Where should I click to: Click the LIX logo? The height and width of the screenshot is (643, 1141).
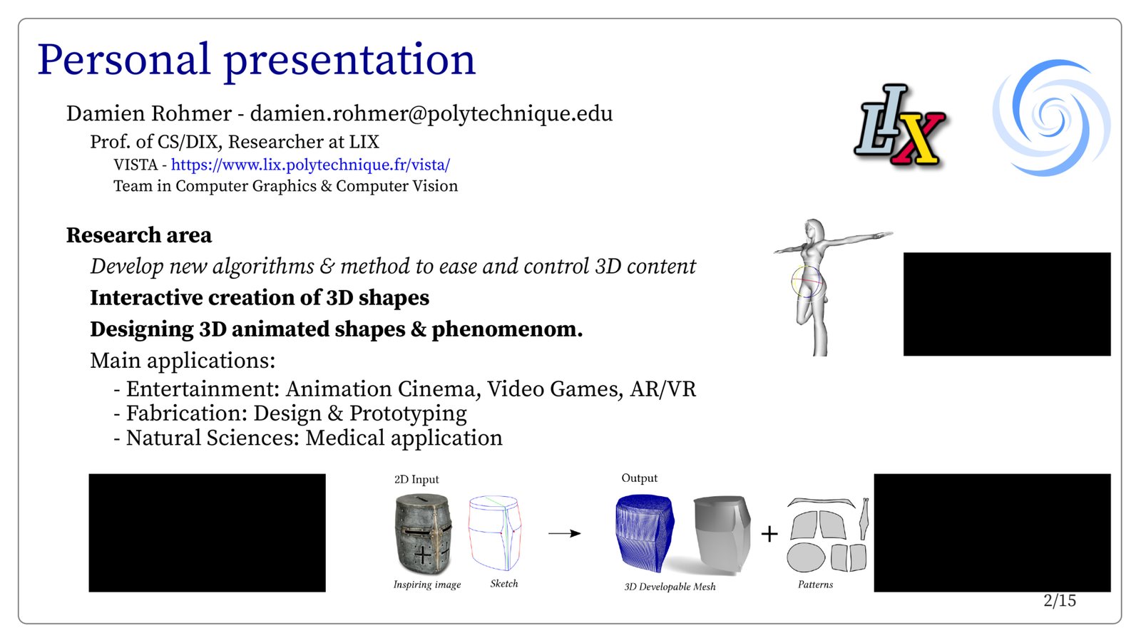coord(899,127)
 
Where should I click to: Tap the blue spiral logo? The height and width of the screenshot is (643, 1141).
coord(1052,118)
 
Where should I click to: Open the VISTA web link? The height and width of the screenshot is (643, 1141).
coord(310,165)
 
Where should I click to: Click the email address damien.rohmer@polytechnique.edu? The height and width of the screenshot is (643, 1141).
coord(431,113)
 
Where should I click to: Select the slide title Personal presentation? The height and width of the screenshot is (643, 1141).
coord(256,60)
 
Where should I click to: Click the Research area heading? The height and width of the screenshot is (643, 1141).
coord(138,235)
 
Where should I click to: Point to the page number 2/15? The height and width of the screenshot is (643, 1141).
coord(1060,601)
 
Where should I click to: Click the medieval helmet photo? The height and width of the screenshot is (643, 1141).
coord(423,535)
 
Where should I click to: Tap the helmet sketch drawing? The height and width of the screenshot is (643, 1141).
coord(495,533)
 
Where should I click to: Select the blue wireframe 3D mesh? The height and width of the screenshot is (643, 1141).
coord(645,533)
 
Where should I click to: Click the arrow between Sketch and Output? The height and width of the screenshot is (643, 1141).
coord(564,533)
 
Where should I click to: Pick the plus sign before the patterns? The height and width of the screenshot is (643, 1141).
coord(769,534)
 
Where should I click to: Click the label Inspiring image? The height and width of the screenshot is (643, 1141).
coord(427,585)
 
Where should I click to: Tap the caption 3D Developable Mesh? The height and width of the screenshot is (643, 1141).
coord(670,587)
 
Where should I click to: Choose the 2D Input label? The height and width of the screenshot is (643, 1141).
coord(416,479)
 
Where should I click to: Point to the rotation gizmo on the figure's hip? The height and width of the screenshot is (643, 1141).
coord(807,282)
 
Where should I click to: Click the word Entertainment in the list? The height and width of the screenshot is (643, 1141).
coord(203,389)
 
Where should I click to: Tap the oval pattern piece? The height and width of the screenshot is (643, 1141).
coord(806,557)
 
